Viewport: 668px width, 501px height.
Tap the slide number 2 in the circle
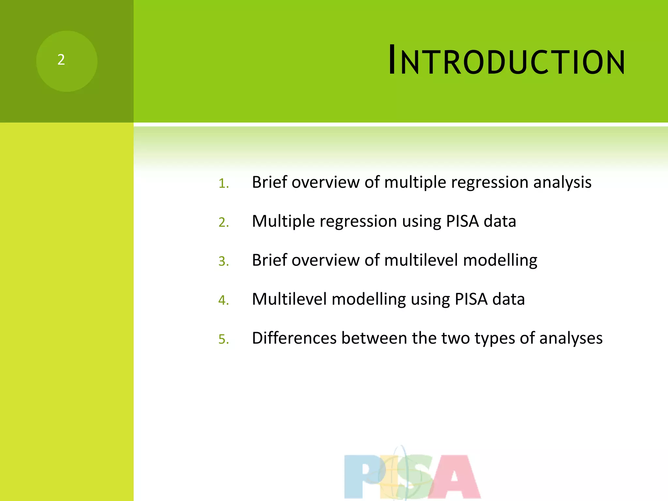pyautogui.click(x=61, y=60)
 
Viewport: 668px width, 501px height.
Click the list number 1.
pyautogui.click(x=223, y=183)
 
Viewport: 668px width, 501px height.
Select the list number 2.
pyautogui.click(x=223, y=222)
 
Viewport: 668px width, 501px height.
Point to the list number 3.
pyautogui.click(x=223, y=261)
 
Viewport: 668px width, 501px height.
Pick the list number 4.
pyautogui.click(x=223, y=300)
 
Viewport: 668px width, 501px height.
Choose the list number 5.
pyautogui.click(x=223, y=339)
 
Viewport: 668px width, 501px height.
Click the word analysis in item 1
pyautogui.click(x=562, y=182)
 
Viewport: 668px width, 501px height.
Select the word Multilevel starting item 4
pyautogui.click(x=289, y=299)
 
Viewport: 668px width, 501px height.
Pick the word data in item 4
pyautogui.click(x=509, y=299)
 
